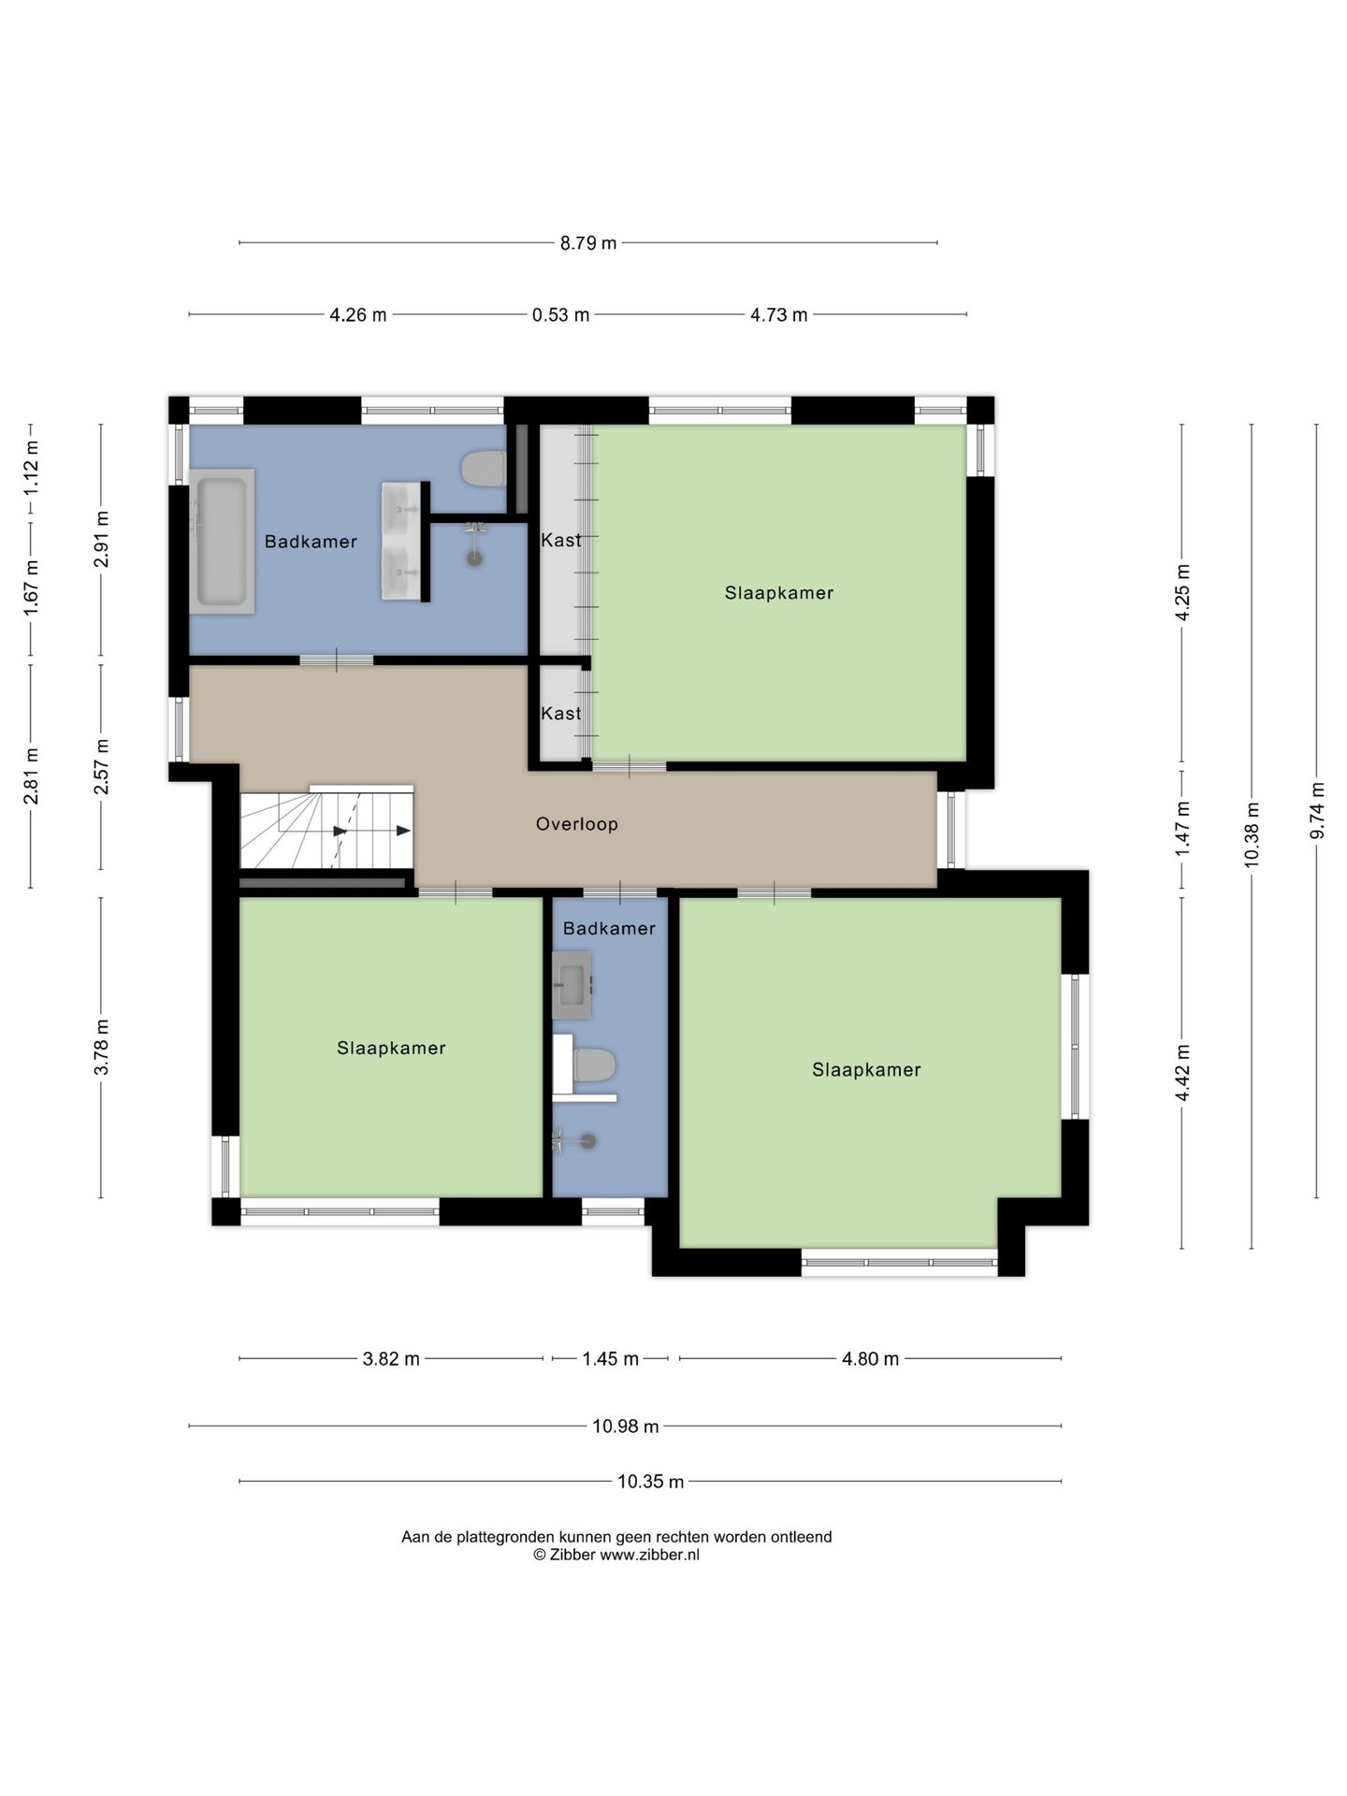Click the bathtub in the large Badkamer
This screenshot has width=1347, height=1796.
coord(222,542)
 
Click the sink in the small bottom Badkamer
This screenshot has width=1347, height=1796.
coord(572,985)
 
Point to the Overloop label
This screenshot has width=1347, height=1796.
coord(577,824)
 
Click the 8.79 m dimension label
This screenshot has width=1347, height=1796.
coord(588,243)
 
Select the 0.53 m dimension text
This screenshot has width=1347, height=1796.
coord(560,315)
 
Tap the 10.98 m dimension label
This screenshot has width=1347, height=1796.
coord(626,1427)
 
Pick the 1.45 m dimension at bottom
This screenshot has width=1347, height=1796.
coord(610,1359)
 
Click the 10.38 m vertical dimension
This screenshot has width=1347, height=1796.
coord(1253,835)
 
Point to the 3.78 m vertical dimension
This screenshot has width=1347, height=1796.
coord(102,1048)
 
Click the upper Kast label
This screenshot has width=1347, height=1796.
coord(561,540)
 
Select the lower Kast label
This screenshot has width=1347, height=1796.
coord(561,713)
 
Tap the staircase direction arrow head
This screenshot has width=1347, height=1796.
coord(403,830)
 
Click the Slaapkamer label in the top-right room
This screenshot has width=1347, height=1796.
coord(779,593)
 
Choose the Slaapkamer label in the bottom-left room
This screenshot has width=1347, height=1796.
coord(391,1049)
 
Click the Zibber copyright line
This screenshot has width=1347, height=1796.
coord(616,1555)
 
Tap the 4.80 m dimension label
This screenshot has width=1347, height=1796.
coord(870,1359)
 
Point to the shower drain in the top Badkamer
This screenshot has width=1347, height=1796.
coord(475,558)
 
